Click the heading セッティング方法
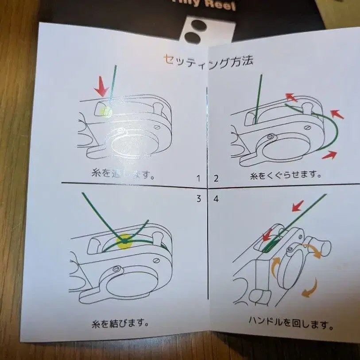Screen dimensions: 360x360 (208, 60)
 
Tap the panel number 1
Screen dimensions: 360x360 (199, 178)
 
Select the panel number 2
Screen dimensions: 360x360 (216, 178)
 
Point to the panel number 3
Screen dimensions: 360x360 (199, 198)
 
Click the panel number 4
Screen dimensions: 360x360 (216, 199)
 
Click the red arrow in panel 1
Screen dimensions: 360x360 (102, 86)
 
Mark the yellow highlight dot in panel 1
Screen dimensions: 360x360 (106, 111)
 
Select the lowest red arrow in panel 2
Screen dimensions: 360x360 (329, 155)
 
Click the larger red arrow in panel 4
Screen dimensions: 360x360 (297, 205)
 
